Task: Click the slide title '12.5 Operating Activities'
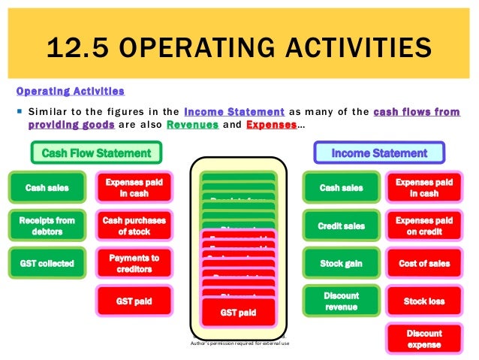[x=239, y=50]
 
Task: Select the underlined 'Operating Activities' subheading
[x=70, y=92]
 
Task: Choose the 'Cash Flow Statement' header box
[x=95, y=153]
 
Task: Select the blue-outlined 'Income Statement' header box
[x=379, y=153]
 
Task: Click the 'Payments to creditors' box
[x=133, y=264]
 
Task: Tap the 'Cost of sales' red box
[x=424, y=264]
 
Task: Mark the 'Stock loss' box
[x=424, y=301]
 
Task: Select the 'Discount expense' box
[x=424, y=339]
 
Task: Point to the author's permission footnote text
[x=238, y=344]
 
